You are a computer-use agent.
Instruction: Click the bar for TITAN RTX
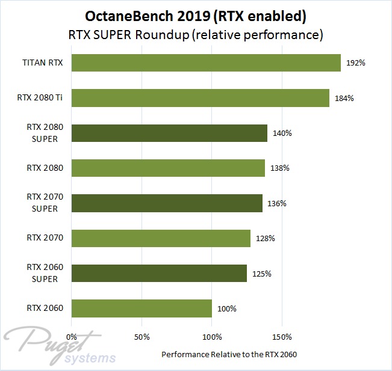click(206, 63)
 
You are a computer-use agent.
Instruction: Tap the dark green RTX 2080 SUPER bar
click(169, 133)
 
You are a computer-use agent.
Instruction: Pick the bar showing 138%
click(168, 168)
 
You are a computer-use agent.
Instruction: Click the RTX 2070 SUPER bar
click(167, 203)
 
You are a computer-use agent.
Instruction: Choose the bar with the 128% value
click(161, 238)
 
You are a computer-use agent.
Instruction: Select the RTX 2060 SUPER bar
click(159, 274)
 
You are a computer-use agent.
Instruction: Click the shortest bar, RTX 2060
click(142, 308)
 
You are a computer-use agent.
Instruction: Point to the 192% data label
click(356, 63)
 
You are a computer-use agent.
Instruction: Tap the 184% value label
click(344, 98)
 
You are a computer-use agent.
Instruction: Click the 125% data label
click(262, 274)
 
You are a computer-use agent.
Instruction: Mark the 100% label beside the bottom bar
click(227, 308)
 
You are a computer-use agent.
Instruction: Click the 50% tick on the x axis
click(142, 336)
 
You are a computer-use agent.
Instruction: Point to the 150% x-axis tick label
click(282, 336)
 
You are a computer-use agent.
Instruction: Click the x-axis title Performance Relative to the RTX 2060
click(229, 354)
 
